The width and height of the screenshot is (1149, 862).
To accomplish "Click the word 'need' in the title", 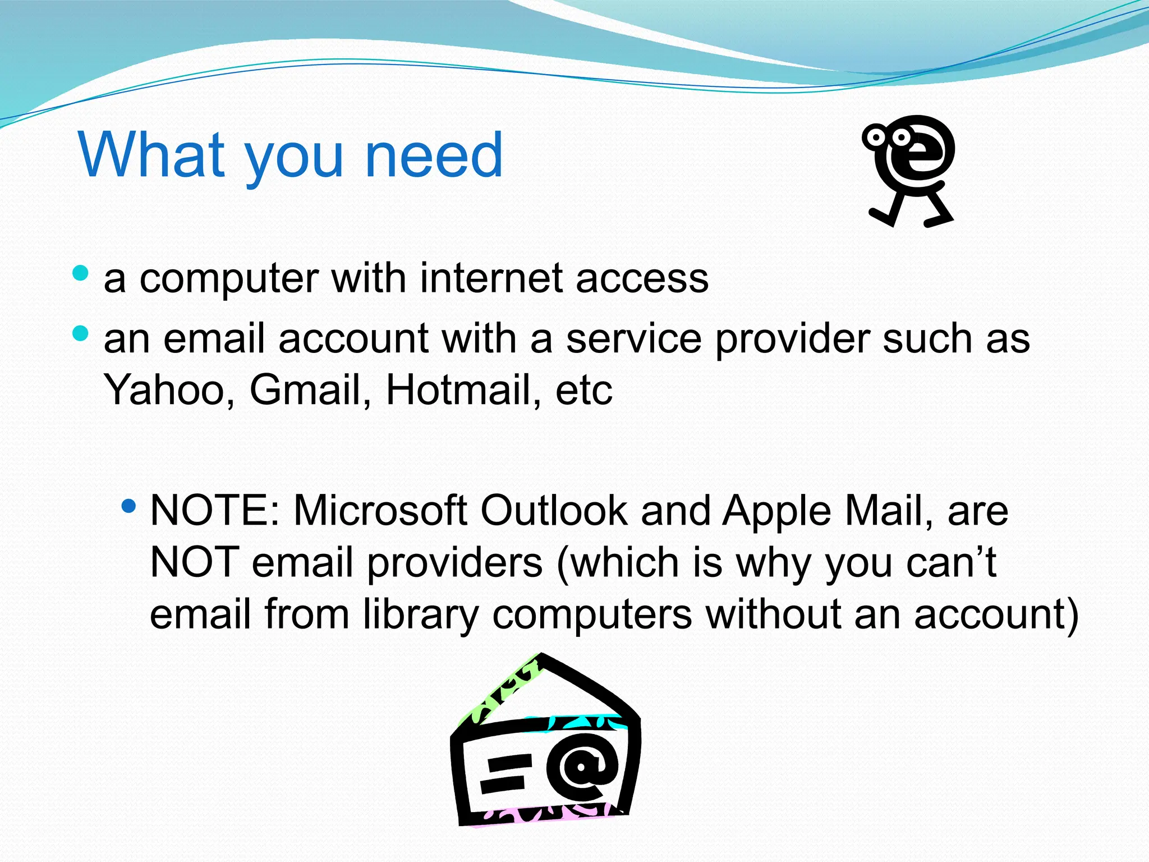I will (434, 155).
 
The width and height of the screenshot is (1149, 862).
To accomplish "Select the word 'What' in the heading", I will (151, 155).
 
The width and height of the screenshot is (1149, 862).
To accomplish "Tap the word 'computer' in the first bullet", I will (229, 279).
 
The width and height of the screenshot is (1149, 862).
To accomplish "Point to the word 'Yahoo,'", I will (169, 390).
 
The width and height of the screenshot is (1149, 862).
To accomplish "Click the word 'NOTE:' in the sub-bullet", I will (215, 511).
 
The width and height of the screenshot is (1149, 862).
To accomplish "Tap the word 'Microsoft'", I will (380, 511).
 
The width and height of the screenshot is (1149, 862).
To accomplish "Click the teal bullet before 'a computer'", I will (81, 273).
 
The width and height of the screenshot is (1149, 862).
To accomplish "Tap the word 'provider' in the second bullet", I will (792, 340).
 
